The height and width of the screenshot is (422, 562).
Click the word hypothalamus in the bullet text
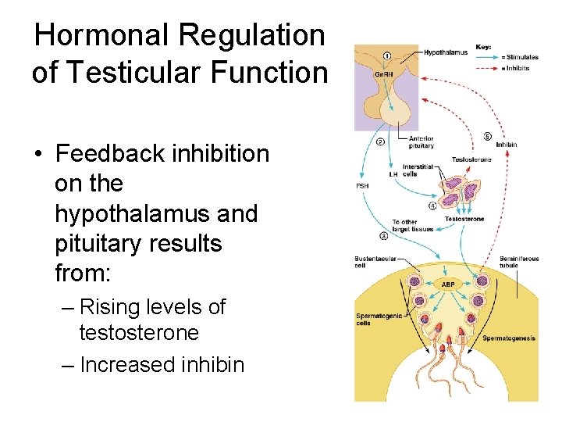[156, 213]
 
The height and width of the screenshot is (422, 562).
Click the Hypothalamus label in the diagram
[446, 53]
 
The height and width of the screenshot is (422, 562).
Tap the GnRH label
[383, 73]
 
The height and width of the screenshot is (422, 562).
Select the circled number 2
[379, 141]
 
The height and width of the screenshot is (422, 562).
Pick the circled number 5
[487, 136]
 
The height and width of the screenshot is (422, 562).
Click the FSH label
[363, 186]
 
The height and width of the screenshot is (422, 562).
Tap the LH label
[393, 173]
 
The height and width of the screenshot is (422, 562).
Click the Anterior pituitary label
[421, 142]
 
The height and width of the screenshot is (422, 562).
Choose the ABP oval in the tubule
[448, 284]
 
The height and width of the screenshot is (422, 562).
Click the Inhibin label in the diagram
[506, 145]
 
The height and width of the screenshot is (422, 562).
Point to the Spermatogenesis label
[508, 338]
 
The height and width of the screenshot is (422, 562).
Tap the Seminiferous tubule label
[519, 262]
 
